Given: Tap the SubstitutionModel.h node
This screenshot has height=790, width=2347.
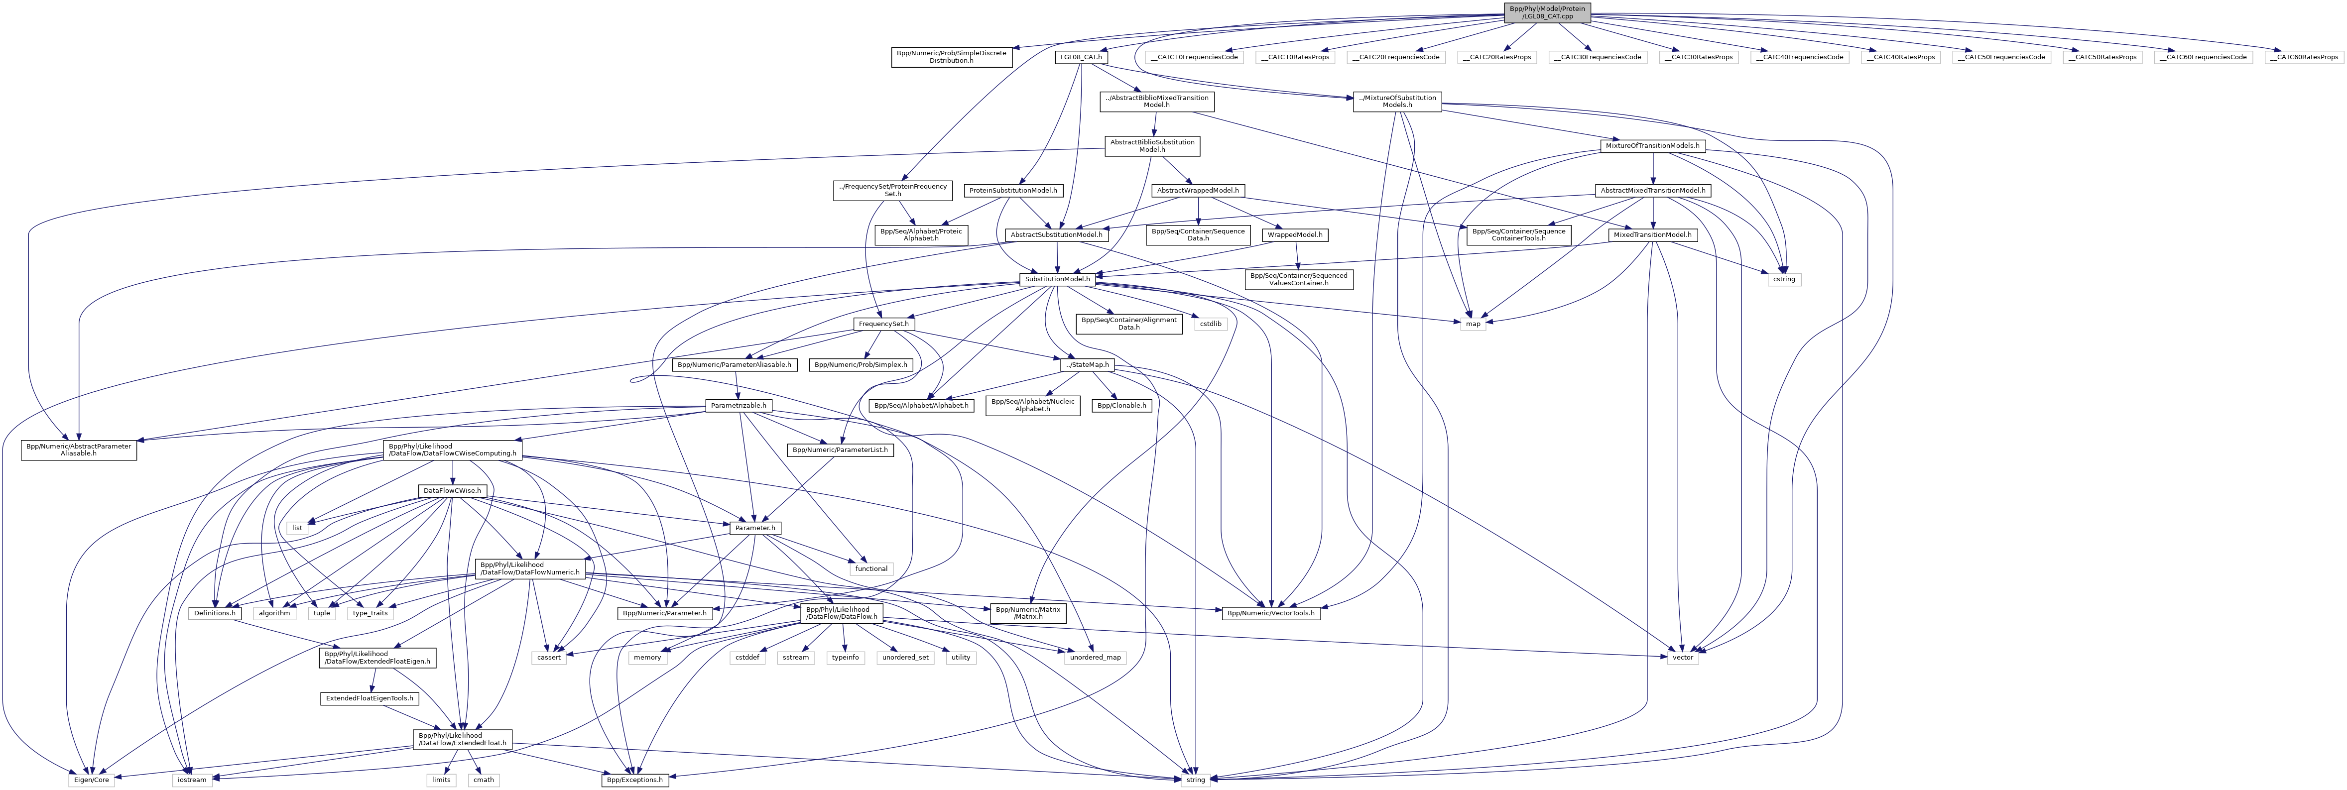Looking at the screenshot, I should click(1057, 279).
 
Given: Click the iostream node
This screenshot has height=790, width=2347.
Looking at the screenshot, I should click(191, 780).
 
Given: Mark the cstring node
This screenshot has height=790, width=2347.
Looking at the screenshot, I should click(1783, 279).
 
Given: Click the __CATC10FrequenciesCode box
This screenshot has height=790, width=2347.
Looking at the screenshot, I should click(1193, 56).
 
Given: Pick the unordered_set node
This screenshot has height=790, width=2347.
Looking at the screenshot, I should click(905, 657).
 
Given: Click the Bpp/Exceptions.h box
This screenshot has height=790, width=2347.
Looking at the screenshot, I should click(635, 780).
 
